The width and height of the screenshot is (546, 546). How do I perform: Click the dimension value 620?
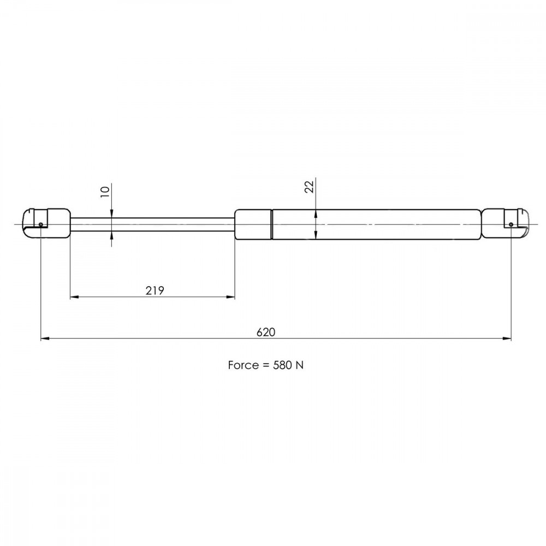tap(266, 332)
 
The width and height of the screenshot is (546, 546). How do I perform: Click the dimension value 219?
tap(155, 290)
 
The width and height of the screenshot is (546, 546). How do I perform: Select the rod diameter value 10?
tap(105, 192)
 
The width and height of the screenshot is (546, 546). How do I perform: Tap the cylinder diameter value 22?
tap(309, 187)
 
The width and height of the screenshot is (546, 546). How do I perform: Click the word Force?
tap(244, 365)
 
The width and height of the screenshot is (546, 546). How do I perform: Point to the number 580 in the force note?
tap(282, 365)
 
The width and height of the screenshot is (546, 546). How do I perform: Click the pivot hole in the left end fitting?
tap(41, 224)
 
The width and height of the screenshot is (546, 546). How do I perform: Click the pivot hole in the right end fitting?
tap(511, 224)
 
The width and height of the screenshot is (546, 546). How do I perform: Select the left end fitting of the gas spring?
tap(46, 223)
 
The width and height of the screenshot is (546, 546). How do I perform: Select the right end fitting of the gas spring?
tap(505, 223)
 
